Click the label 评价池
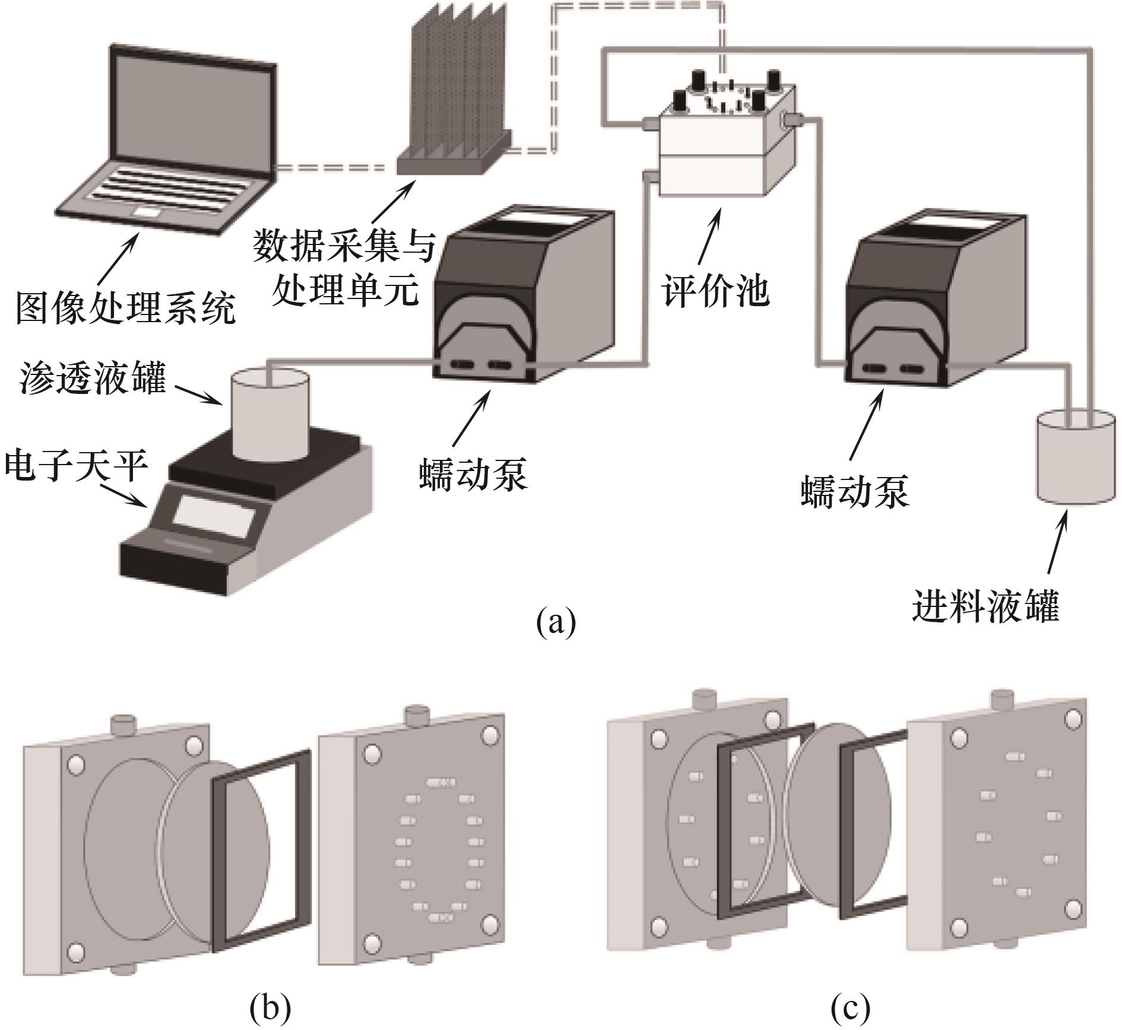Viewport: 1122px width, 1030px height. [716, 291]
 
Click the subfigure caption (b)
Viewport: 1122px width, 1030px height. [270, 1007]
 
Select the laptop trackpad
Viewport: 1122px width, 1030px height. [148, 212]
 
